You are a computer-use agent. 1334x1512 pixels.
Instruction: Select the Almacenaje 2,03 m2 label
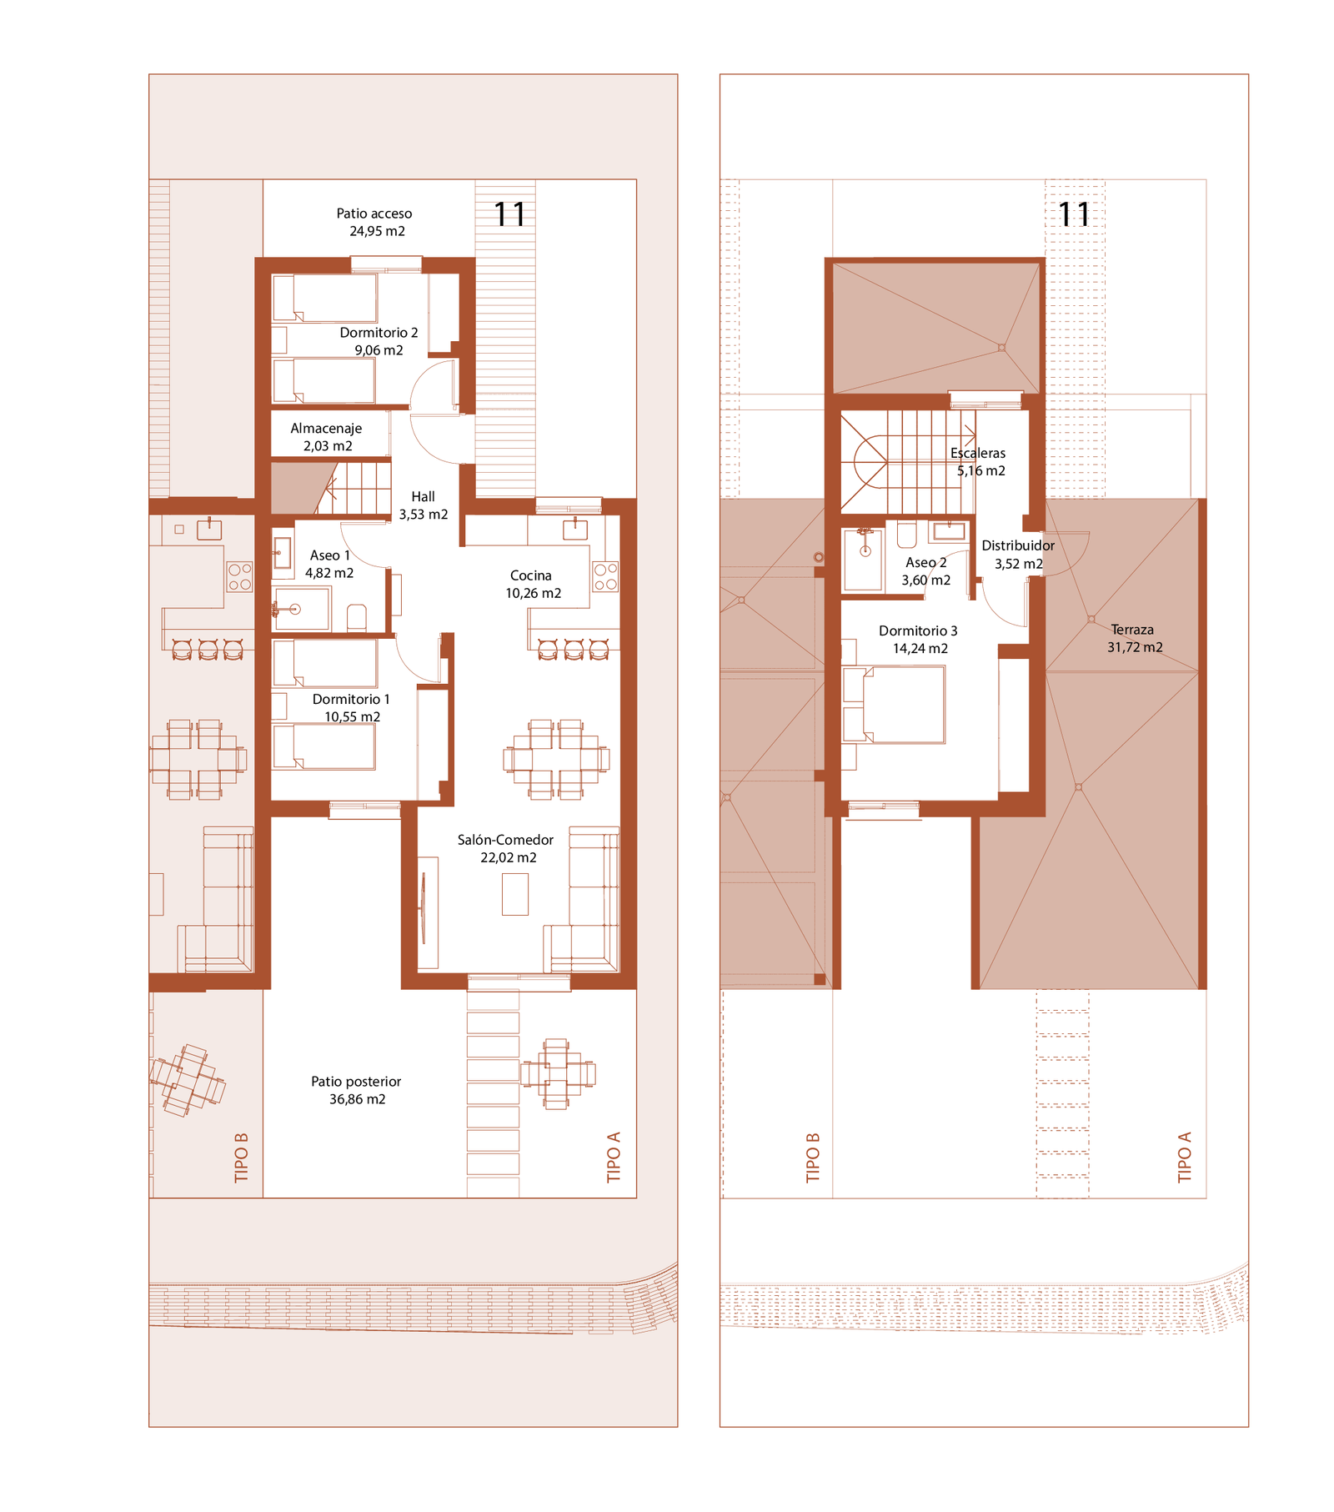[x=326, y=437]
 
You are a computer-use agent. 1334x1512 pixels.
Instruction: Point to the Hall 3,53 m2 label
[x=424, y=505]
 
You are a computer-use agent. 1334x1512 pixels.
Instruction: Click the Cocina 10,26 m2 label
[x=533, y=585]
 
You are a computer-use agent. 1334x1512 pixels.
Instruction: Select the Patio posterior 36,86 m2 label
[x=356, y=1091]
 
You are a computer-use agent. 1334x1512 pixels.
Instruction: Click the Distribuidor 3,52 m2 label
[x=1018, y=555]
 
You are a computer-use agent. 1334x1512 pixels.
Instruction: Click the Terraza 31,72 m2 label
[x=1134, y=639]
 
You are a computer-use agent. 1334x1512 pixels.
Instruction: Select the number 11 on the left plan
[x=509, y=215]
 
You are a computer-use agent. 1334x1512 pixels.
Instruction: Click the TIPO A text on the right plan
[x=1185, y=1157]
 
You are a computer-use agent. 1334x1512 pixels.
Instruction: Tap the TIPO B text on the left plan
[x=242, y=1157]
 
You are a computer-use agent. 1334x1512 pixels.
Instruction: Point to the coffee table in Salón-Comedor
[x=515, y=894]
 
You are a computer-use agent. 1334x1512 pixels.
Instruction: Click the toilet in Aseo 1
[x=357, y=617]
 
